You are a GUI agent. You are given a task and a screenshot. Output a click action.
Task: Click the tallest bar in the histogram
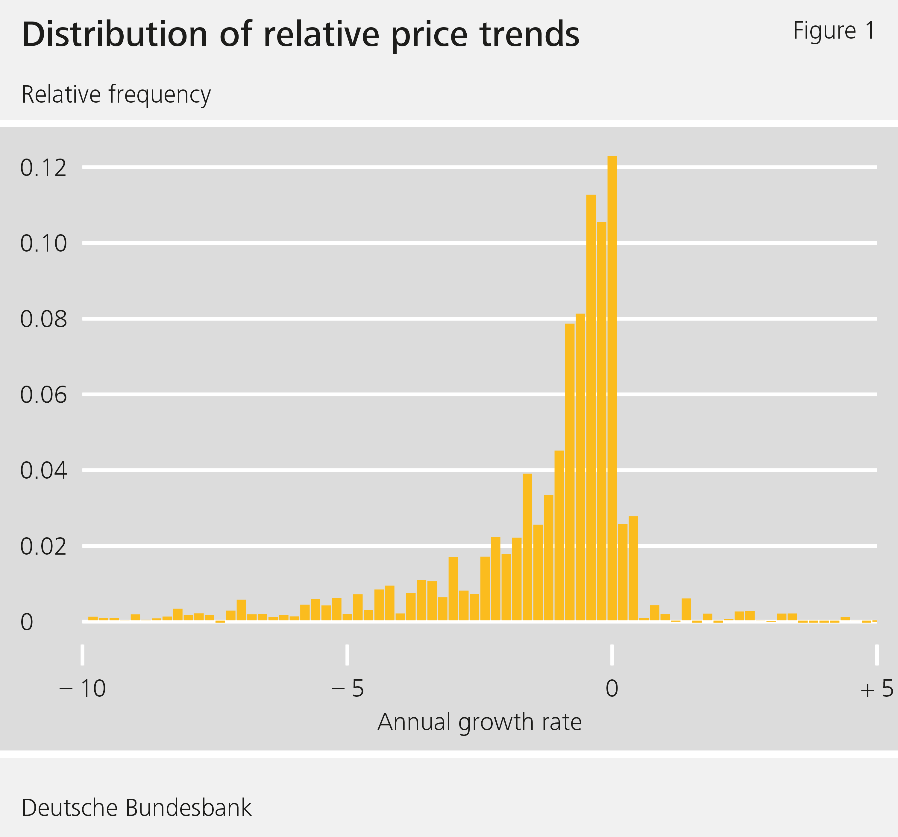click(612, 388)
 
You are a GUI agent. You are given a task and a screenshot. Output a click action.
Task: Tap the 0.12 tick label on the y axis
click(43, 168)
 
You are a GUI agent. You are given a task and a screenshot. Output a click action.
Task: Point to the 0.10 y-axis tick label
click(43, 244)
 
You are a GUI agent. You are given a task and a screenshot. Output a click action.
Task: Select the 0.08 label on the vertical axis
click(43, 319)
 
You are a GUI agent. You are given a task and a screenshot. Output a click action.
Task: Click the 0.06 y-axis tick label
click(43, 395)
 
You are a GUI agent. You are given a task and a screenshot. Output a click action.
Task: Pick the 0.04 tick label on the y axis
click(43, 471)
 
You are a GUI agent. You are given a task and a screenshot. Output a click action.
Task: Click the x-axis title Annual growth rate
click(479, 722)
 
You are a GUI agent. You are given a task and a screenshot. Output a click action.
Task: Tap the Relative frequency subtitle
click(116, 95)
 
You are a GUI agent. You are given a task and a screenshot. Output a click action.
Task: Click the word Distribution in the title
click(114, 35)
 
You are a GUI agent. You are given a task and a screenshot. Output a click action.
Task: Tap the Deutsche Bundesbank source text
click(136, 808)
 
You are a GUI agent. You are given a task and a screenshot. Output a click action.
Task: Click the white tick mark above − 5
click(347, 655)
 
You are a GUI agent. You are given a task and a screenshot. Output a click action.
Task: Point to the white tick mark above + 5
click(877, 655)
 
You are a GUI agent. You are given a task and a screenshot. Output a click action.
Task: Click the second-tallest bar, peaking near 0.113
click(591, 406)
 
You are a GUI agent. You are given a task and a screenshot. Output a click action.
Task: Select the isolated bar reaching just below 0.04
click(527, 546)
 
